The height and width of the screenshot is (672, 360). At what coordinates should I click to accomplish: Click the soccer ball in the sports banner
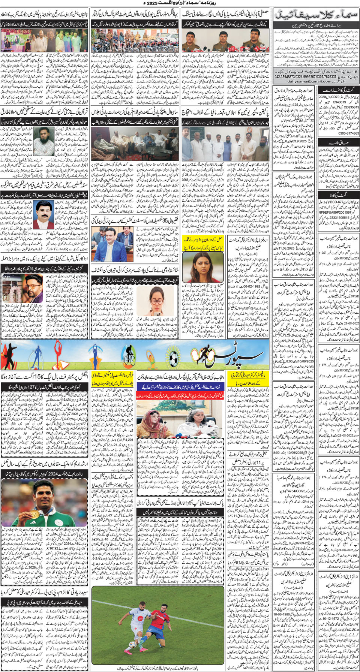point(173,359)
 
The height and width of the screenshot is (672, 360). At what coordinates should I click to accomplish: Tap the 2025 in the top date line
point(156,3)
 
